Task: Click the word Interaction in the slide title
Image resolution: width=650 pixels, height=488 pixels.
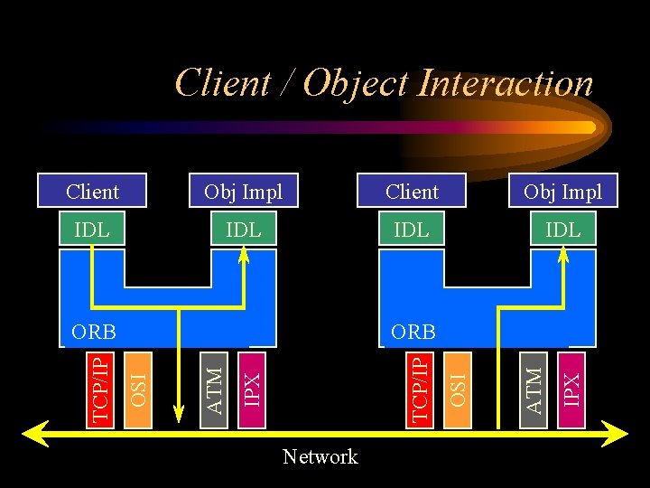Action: [x=506, y=83]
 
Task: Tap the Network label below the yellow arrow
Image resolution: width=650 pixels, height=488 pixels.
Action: [x=320, y=456]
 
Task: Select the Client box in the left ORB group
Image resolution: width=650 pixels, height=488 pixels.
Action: [x=92, y=192]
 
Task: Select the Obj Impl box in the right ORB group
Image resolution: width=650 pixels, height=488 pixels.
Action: [x=562, y=192]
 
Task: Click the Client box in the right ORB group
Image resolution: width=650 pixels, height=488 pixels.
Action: [x=412, y=192]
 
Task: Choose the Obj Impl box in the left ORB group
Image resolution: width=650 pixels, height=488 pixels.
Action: [x=243, y=192]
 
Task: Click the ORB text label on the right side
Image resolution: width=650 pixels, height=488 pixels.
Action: [x=413, y=331]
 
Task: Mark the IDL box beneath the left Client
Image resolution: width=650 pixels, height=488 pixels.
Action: [x=92, y=230]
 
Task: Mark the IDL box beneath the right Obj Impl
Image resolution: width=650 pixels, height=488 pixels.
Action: [x=562, y=230]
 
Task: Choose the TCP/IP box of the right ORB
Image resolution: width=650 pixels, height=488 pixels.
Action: [x=419, y=387]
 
